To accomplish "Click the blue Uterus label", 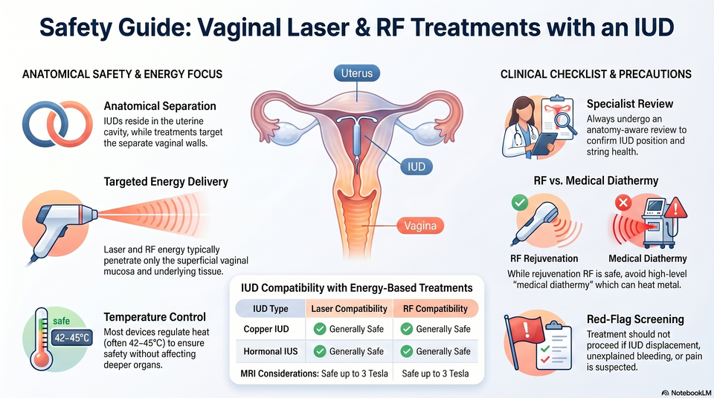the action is tap(356, 74).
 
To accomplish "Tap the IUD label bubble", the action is tap(416, 166).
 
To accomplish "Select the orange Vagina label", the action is tap(420, 226).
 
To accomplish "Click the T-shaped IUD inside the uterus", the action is tap(356, 142).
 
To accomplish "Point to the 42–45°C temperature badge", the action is tap(72, 338).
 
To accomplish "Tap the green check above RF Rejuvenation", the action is tap(520, 203).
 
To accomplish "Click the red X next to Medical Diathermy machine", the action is tap(623, 203).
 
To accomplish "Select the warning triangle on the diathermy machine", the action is tap(675, 209).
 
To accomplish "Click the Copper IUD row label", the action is tap(266, 329).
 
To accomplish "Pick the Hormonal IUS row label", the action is tap(271, 351).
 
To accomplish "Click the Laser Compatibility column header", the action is tap(349, 309).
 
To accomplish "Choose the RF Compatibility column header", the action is tap(435, 309).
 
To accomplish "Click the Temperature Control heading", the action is tap(155, 317).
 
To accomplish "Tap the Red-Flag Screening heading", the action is tap(635, 319).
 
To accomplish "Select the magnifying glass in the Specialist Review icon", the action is tap(563, 123).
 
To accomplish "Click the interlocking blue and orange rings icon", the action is tap(57, 124).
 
